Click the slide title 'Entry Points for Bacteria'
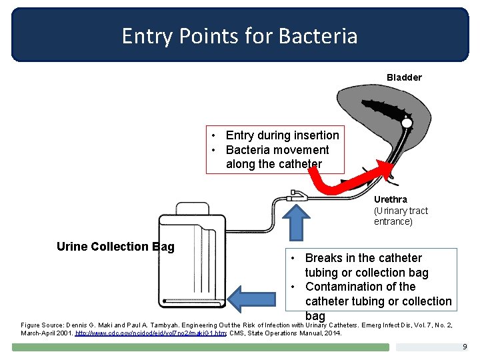[x=239, y=35]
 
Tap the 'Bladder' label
[x=404, y=77]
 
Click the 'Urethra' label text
[x=391, y=199]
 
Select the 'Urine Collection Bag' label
[x=115, y=247]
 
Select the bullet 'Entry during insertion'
[x=282, y=135]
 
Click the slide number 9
[x=465, y=347]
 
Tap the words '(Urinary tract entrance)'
[x=401, y=216]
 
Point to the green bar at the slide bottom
[x=200, y=347]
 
